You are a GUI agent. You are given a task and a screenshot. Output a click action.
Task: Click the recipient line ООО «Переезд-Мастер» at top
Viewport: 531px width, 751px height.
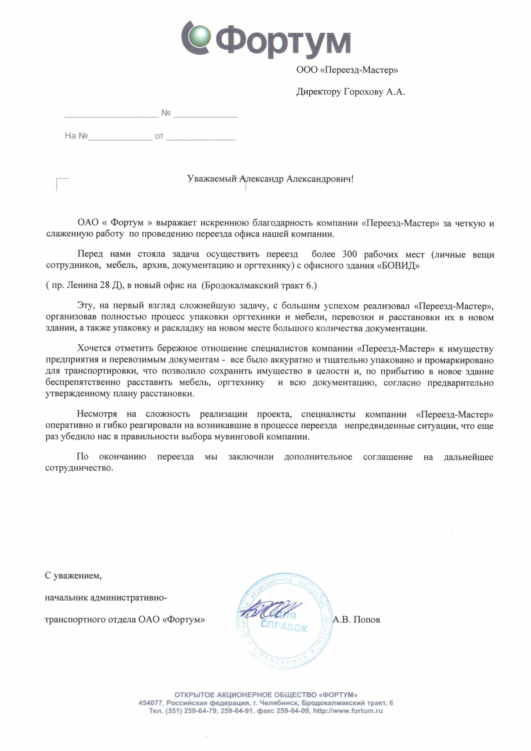[347, 70]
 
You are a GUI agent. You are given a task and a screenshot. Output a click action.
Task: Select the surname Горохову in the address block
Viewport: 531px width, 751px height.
[363, 92]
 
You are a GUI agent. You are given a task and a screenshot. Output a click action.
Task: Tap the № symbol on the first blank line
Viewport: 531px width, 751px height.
[166, 113]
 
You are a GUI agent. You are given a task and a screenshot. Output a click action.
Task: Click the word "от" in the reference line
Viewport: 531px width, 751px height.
[159, 136]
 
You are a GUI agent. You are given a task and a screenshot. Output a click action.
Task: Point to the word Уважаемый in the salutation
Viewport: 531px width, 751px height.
[212, 179]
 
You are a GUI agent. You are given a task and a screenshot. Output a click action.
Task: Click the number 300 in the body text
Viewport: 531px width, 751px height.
[349, 254]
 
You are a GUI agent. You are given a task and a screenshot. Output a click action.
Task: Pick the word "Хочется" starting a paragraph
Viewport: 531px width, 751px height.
[94, 349]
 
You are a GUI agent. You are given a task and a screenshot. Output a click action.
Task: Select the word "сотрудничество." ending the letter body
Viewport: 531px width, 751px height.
[79, 468]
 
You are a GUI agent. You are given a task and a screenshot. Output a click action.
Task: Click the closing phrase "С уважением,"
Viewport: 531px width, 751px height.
[73, 576]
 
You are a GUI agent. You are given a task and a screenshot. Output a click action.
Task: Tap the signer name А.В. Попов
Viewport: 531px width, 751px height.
[356, 620]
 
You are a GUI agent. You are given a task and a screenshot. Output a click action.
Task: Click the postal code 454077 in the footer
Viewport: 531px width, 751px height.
[150, 703]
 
